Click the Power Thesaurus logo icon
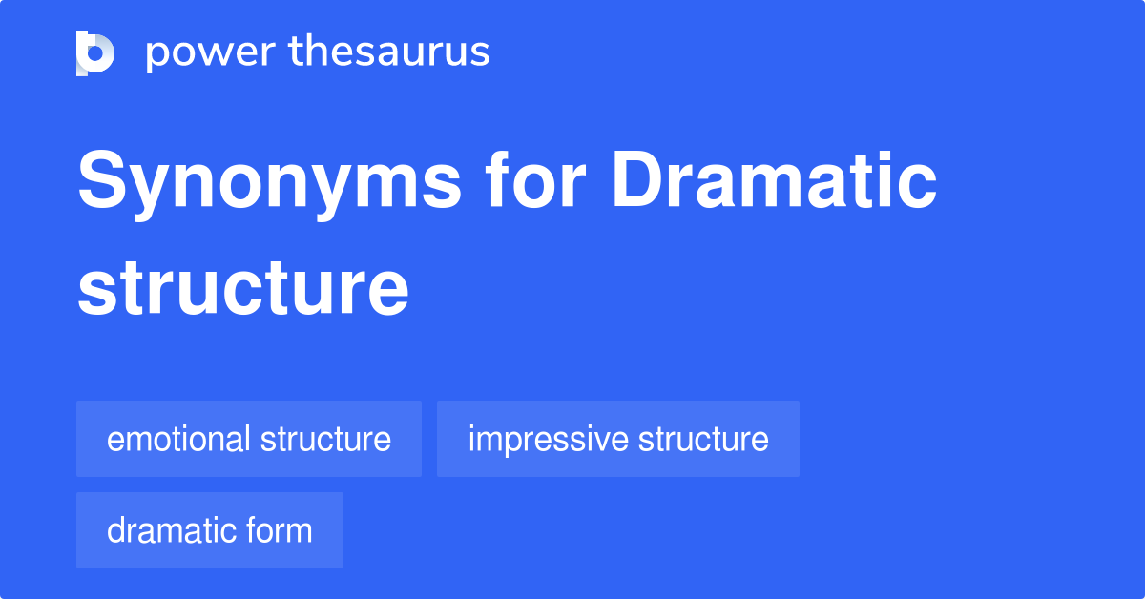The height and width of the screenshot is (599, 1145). [95, 52]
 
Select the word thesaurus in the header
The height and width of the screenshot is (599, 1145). [389, 52]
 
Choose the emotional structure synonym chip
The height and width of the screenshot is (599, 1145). [249, 439]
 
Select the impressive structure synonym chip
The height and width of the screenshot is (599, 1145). [618, 439]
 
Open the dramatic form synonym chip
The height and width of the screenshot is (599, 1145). [210, 530]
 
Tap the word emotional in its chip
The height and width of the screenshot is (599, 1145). [178, 439]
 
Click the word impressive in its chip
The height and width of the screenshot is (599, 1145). [548, 439]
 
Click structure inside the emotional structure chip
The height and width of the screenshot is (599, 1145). [325, 439]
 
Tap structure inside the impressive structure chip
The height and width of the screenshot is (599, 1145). [703, 439]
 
